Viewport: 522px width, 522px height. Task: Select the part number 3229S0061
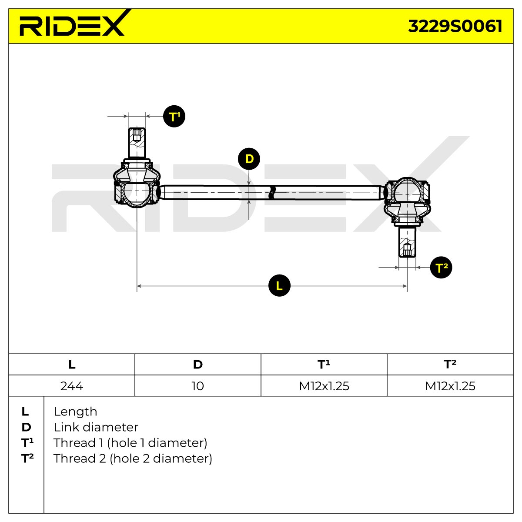pos(455,26)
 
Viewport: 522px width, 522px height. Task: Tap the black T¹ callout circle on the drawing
pos(174,116)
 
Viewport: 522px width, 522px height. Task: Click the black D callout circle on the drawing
pos(249,159)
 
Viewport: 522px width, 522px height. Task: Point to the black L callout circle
pos(279,285)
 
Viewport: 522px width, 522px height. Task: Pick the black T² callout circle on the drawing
pos(441,268)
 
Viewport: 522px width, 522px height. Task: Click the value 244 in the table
pos(72,386)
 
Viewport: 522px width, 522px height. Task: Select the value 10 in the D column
pos(198,386)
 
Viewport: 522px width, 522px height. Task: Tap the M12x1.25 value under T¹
pos(324,386)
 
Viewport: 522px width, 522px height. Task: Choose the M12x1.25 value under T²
pos(450,386)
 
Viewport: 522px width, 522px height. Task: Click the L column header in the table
pos(72,365)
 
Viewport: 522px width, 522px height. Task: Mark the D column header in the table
pos(198,365)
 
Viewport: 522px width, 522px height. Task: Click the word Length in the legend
pos(75,412)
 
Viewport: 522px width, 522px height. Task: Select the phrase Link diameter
pos(96,428)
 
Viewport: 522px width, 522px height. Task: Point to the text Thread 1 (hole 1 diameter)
pos(130,443)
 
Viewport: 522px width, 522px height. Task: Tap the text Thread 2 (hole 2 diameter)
pos(133,459)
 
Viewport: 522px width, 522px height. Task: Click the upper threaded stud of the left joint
pos(137,143)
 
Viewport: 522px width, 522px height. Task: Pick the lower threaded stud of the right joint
pos(407,242)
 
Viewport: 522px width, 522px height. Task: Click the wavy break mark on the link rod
pos(272,193)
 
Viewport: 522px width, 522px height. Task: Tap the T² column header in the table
pos(450,364)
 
